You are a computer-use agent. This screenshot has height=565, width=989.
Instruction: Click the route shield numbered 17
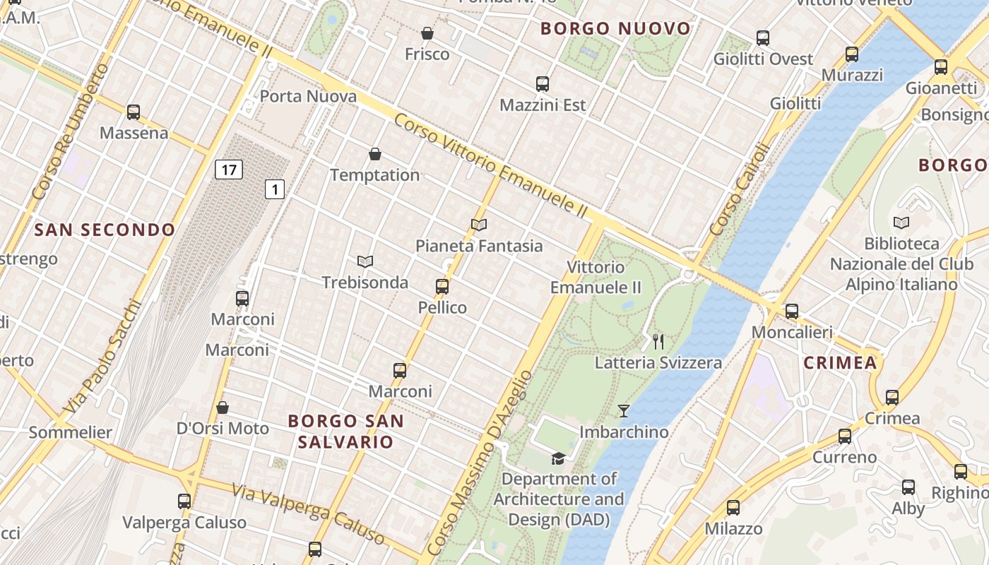[228, 169]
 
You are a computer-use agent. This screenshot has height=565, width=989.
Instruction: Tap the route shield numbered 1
[275, 189]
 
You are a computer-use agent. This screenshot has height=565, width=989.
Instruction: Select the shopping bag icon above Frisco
[427, 33]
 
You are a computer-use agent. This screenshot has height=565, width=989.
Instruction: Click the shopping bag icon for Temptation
[375, 154]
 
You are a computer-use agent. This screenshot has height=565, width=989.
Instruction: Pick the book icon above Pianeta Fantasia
[479, 225]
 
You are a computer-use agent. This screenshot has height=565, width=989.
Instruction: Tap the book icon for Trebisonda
[365, 261]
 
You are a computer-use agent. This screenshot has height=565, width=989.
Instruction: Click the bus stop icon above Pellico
[442, 287]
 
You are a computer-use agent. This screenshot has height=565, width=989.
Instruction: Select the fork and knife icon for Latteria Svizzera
[658, 342]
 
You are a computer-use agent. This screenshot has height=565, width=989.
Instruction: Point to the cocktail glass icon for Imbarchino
[624, 410]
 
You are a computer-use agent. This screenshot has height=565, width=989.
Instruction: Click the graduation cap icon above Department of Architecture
[558, 458]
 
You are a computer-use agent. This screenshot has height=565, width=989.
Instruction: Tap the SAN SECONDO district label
[105, 230]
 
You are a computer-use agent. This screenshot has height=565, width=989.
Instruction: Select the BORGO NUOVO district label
[615, 29]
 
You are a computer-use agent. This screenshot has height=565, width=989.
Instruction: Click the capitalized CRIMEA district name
[840, 363]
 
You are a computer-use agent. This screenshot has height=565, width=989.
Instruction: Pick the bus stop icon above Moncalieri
[792, 311]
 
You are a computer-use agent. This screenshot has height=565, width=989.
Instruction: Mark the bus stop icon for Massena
[134, 112]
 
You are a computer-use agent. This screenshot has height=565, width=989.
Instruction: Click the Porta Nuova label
[308, 96]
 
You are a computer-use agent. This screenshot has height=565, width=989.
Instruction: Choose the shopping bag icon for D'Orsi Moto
[223, 408]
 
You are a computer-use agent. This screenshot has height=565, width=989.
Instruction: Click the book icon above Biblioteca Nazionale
[901, 223]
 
